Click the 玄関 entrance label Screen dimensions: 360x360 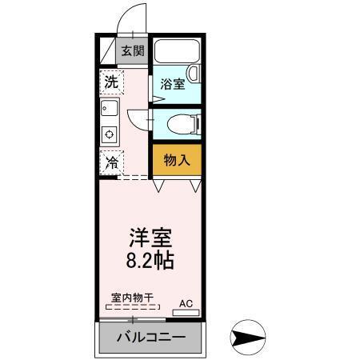click(x=133, y=51)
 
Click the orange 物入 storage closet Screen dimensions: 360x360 click(x=176, y=159)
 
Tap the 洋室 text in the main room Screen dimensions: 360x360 click(x=150, y=239)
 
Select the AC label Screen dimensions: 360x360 click(x=186, y=303)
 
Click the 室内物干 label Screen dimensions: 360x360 click(x=132, y=298)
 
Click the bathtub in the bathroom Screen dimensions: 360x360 click(x=176, y=53)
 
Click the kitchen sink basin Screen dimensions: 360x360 click(x=110, y=107)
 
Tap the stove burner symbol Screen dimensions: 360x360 click(x=110, y=134)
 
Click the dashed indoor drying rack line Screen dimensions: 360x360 click(x=131, y=306)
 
